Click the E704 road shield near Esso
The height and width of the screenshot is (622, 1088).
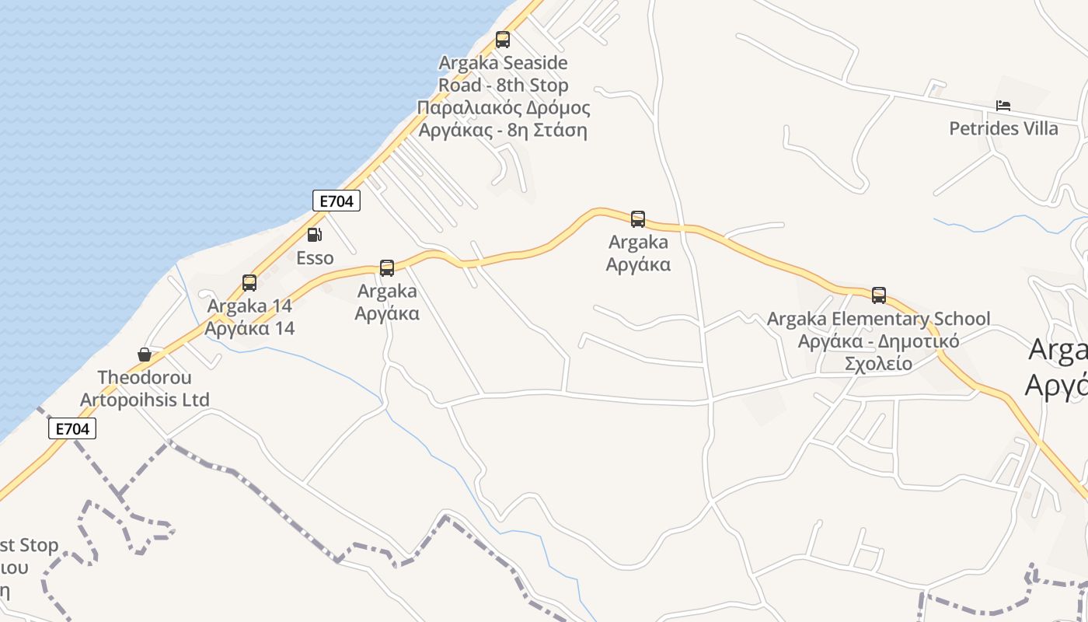pyautogui.click(x=336, y=201)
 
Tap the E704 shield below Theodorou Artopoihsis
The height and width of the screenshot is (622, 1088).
pyautogui.click(x=72, y=428)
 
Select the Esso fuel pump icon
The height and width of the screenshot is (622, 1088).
pyautogui.click(x=314, y=235)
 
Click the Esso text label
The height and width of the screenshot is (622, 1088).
pyautogui.click(x=315, y=258)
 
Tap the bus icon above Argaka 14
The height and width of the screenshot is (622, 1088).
pyautogui.click(x=249, y=283)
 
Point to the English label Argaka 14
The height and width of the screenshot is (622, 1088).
pyautogui.click(x=249, y=306)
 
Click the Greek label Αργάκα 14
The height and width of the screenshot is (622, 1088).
pyautogui.click(x=249, y=328)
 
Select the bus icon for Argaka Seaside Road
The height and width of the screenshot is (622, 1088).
pyautogui.click(x=503, y=40)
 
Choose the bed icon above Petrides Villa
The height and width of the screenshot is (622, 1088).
pyautogui.click(x=1003, y=106)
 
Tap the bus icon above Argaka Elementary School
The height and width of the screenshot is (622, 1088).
pyautogui.click(x=879, y=295)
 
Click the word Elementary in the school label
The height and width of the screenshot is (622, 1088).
pyautogui.click(x=881, y=319)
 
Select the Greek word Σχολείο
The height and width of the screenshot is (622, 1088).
pyautogui.click(x=878, y=363)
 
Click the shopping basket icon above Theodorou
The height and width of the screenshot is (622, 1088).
pyautogui.click(x=145, y=355)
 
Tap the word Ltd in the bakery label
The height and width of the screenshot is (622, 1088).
pyautogui.click(x=195, y=400)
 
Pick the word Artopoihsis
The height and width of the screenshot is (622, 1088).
pyautogui.click(x=127, y=400)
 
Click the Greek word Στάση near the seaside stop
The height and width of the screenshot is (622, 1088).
pyautogui.click(x=560, y=130)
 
